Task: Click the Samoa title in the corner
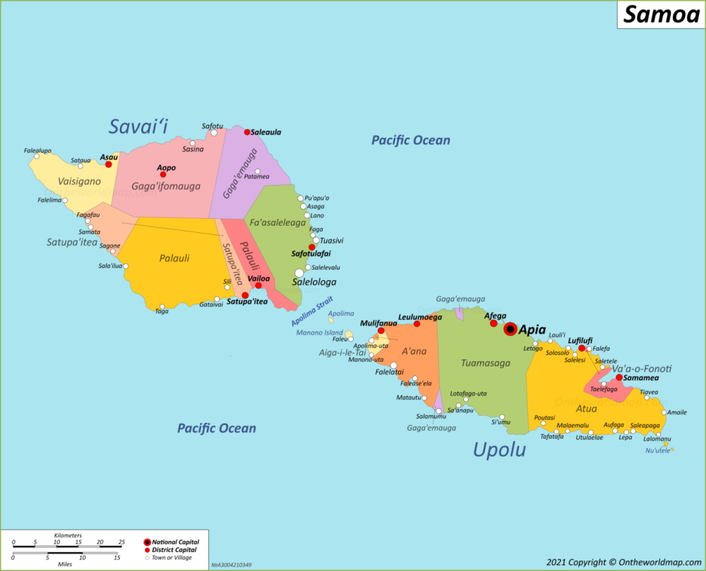pyautogui.click(x=660, y=14)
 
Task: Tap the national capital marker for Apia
pyautogui.click(x=510, y=329)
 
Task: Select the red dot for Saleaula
pyautogui.click(x=247, y=132)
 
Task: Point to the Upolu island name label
pyautogui.click(x=499, y=449)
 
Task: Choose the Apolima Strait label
pyautogui.click(x=311, y=311)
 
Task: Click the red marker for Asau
pyautogui.click(x=109, y=164)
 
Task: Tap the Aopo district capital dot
pyautogui.click(x=163, y=174)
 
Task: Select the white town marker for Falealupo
pyautogui.click(x=37, y=157)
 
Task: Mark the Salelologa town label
pyautogui.click(x=314, y=282)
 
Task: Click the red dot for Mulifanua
pyautogui.click(x=381, y=330)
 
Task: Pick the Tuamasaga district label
pyautogui.click(x=485, y=363)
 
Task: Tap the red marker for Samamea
pyautogui.click(x=619, y=378)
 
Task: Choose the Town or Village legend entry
pyautogui.click(x=171, y=558)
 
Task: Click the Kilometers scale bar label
pyautogui.click(x=68, y=536)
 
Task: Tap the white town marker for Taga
pyautogui.click(x=162, y=306)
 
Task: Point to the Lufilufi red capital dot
pyautogui.click(x=582, y=348)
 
